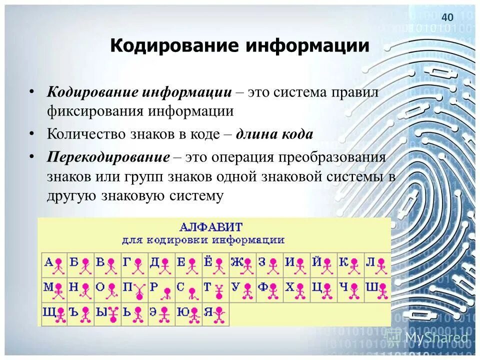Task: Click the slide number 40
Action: click(x=447, y=17)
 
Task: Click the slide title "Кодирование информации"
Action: click(x=239, y=46)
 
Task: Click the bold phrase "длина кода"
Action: click(x=274, y=134)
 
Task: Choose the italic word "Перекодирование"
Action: click(x=108, y=157)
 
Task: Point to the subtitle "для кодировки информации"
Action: click(x=203, y=240)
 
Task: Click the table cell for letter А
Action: click(x=54, y=264)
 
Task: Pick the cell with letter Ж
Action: click(x=242, y=264)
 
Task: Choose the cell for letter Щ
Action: click(x=54, y=314)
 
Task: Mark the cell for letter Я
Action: click(x=215, y=314)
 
